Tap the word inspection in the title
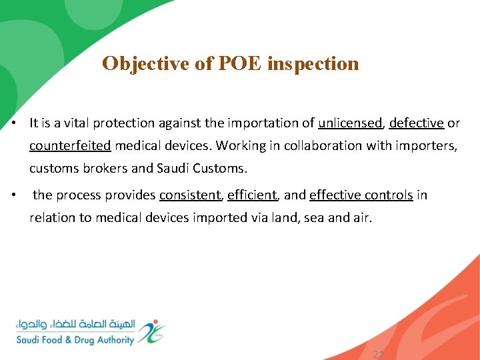pos(313,63)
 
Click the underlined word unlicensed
pos(350,123)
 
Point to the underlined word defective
pos(416,123)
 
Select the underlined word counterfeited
pos(70,145)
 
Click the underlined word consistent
pos(190,195)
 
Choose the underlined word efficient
pos(251,195)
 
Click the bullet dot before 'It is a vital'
pos(14,123)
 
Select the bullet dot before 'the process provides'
pos(14,195)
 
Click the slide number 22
pos(379,355)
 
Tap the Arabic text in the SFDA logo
pos(76,325)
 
